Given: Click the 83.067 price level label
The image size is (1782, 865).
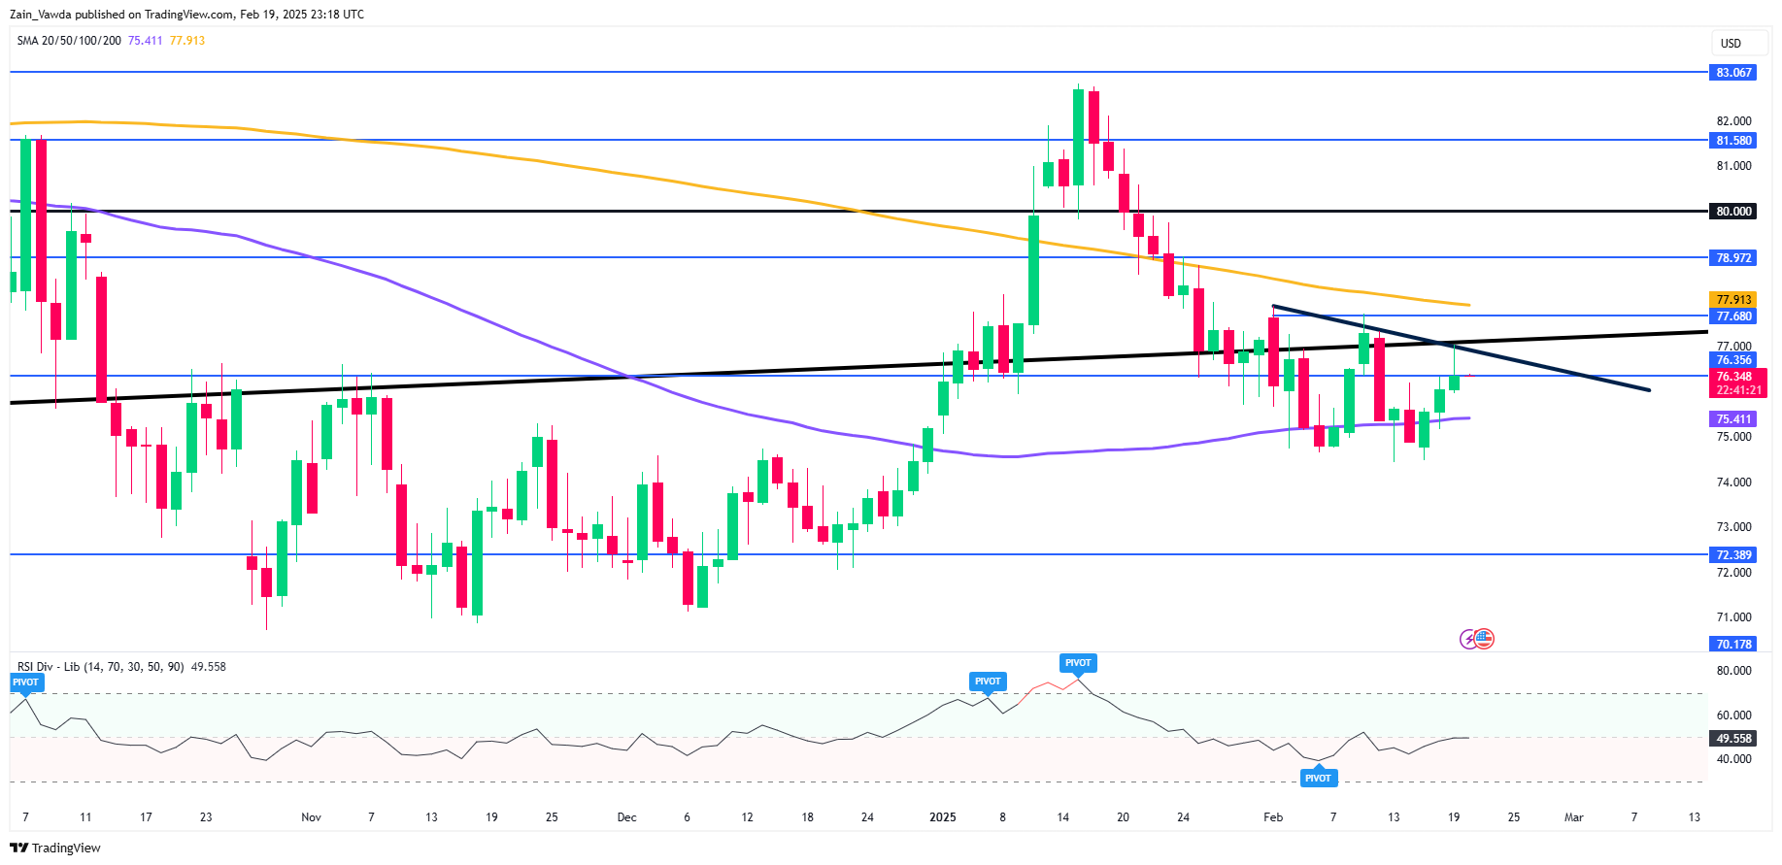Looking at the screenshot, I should point(1733,73).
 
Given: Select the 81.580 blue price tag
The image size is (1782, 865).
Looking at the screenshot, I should point(1733,141).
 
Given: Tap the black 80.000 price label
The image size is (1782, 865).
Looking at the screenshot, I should point(1733,212).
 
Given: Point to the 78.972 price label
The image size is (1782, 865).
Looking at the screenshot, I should point(1733,258).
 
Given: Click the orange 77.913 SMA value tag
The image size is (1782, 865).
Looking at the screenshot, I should point(1733,300).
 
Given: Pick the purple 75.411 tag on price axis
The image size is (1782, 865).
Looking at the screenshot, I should point(1733,419).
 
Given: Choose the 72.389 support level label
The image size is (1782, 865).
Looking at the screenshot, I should point(1733,555).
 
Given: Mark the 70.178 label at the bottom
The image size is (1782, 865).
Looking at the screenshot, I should point(1733,645).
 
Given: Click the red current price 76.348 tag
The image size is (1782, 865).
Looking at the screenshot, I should point(1733,377).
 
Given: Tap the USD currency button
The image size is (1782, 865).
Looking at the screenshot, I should point(1731,44).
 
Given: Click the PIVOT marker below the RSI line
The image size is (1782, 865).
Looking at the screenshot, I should point(1318,778).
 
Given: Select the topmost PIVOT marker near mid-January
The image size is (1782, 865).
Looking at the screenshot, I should point(1078,663).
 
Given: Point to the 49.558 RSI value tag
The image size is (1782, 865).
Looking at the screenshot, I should point(1733,739).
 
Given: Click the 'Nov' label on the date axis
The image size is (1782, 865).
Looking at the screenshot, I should point(311,817).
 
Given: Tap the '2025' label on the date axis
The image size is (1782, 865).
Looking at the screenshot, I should point(942,817).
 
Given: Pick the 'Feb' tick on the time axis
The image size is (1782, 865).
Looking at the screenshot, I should point(1273,817).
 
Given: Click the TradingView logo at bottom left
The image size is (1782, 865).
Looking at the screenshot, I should point(55,848).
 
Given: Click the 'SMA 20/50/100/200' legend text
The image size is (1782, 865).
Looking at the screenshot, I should point(69,41).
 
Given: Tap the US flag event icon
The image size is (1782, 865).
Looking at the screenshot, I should point(1483,639).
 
